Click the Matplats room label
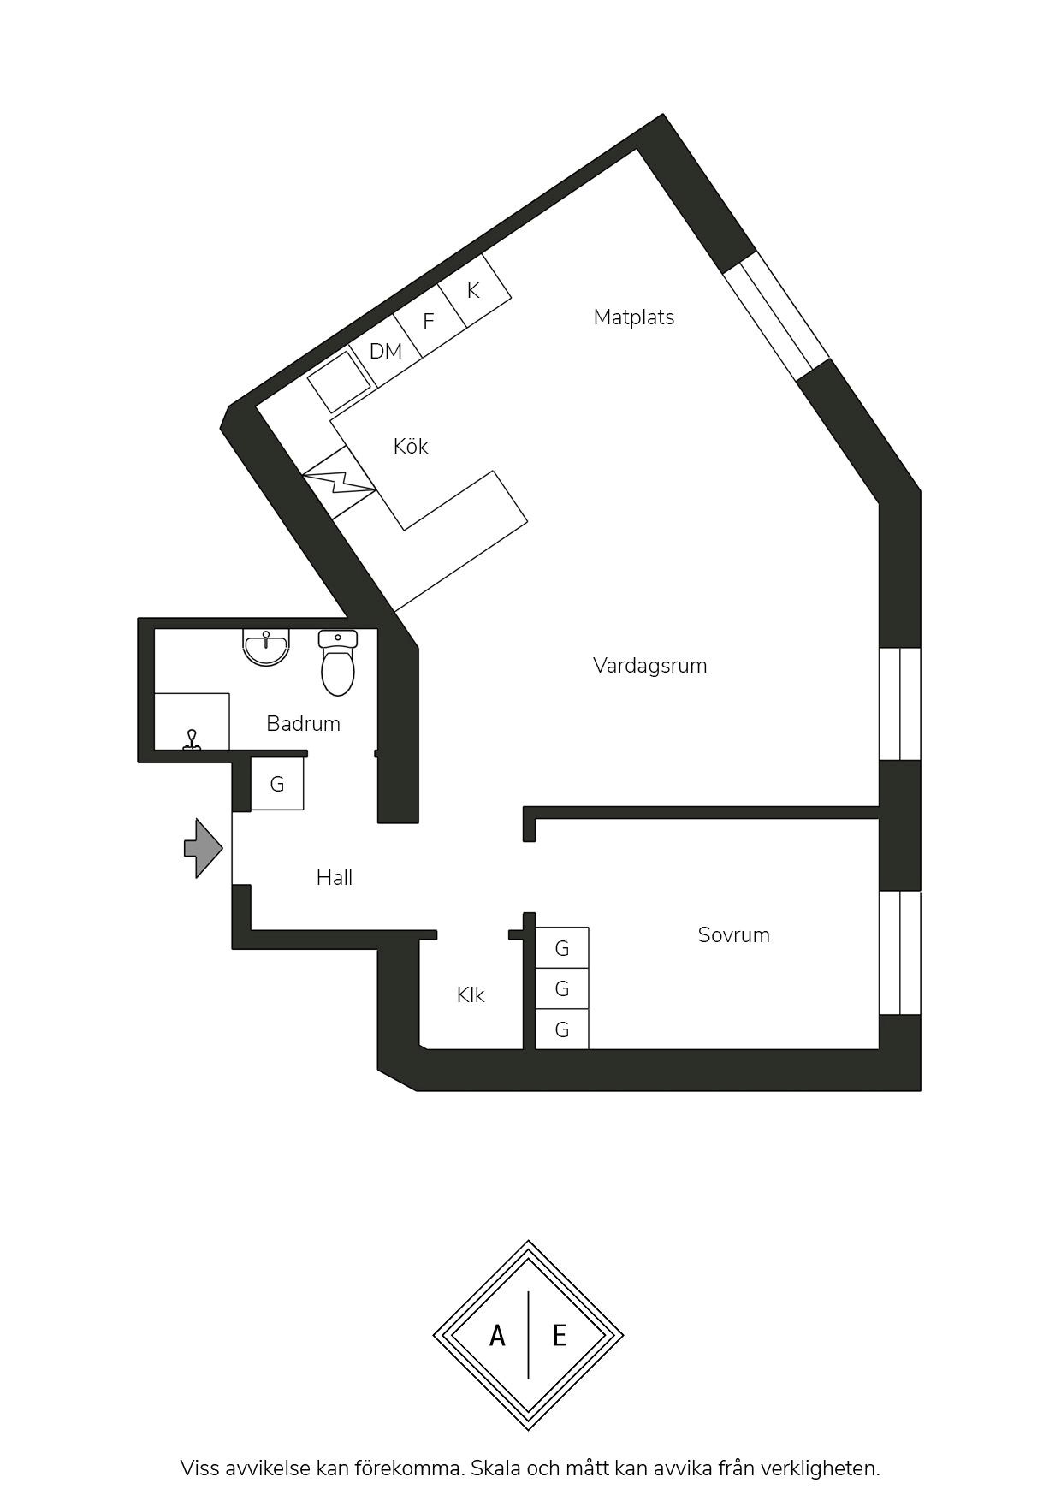pyautogui.click(x=633, y=317)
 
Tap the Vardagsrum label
pyautogui.click(x=650, y=666)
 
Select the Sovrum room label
pyautogui.click(x=733, y=935)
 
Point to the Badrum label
pyautogui.click(x=303, y=724)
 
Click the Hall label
pyautogui.click(x=334, y=877)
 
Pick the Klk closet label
pyautogui.click(x=471, y=994)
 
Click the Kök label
pyautogui.click(x=411, y=446)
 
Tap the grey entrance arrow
pyautogui.click(x=204, y=848)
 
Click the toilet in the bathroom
pyautogui.click(x=338, y=662)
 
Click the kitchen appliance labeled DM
pyautogui.click(x=386, y=351)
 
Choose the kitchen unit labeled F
pyautogui.click(x=430, y=321)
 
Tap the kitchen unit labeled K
pyautogui.click(x=474, y=291)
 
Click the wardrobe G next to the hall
pyautogui.click(x=276, y=784)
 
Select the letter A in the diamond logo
pyautogui.click(x=497, y=1336)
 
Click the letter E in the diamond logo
pyautogui.click(x=560, y=1336)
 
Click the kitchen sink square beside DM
pyautogui.click(x=340, y=382)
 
